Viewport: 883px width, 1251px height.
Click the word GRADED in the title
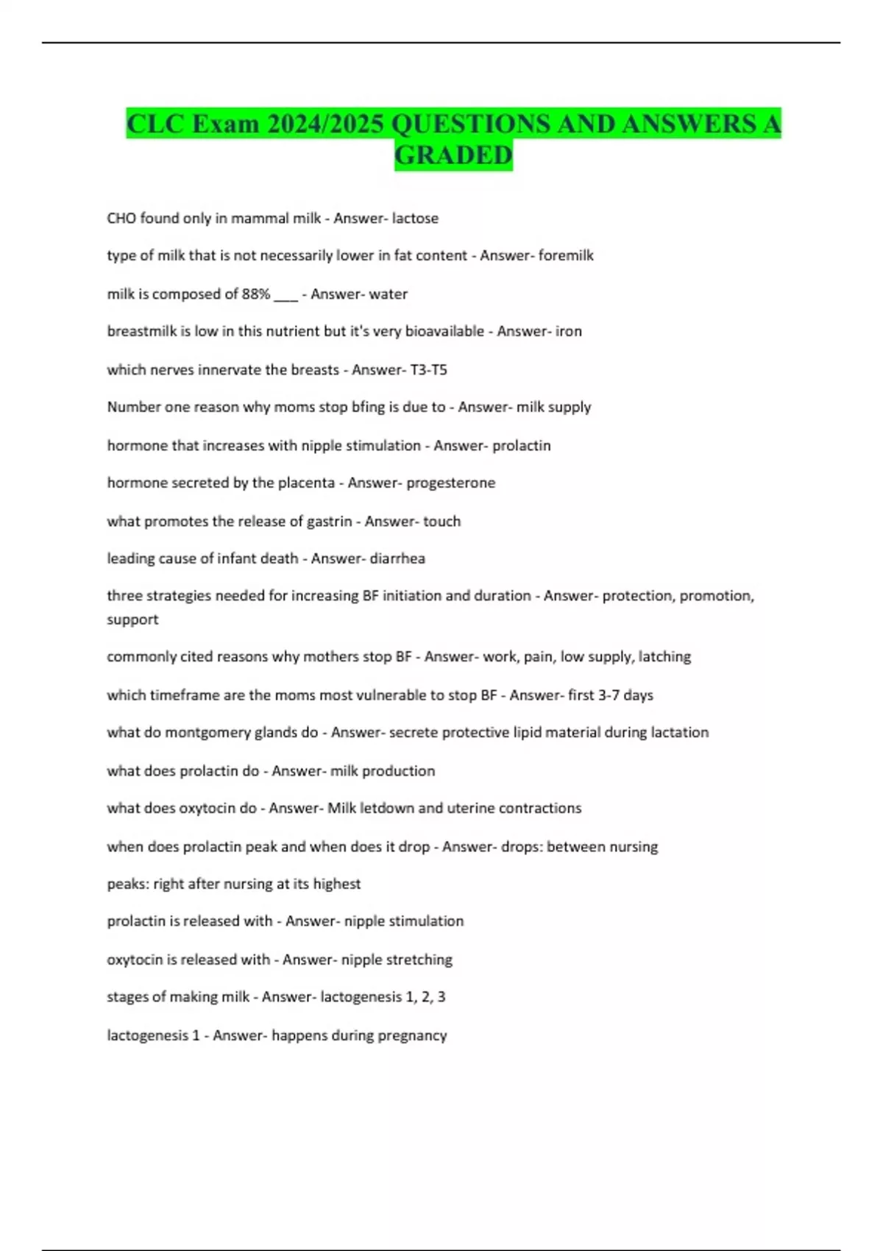pyautogui.click(x=453, y=155)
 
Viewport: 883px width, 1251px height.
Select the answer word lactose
pyautogui.click(x=415, y=218)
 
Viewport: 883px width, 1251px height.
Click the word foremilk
pyautogui.click(x=566, y=255)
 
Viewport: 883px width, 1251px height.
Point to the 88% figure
pyautogui.click(x=256, y=294)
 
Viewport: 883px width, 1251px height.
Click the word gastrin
pyautogui.click(x=329, y=521)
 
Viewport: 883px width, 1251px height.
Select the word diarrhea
pyautogui.click(x=397, y=559)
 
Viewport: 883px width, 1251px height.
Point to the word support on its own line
pyautogui.click(x=132, y=620)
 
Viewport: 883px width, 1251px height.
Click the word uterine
pyautogui.click(x=467, y=808)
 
